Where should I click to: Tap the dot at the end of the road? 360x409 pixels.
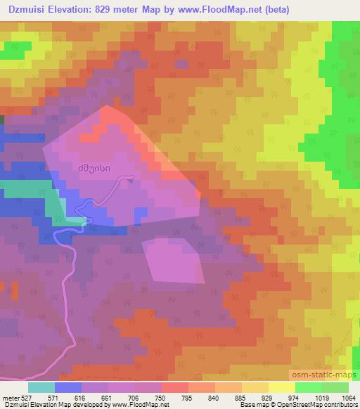click(x=132, y=178)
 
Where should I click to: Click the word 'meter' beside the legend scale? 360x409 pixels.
click(x=10, y=397)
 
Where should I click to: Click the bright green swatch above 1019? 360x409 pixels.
click(x=309, y=387)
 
